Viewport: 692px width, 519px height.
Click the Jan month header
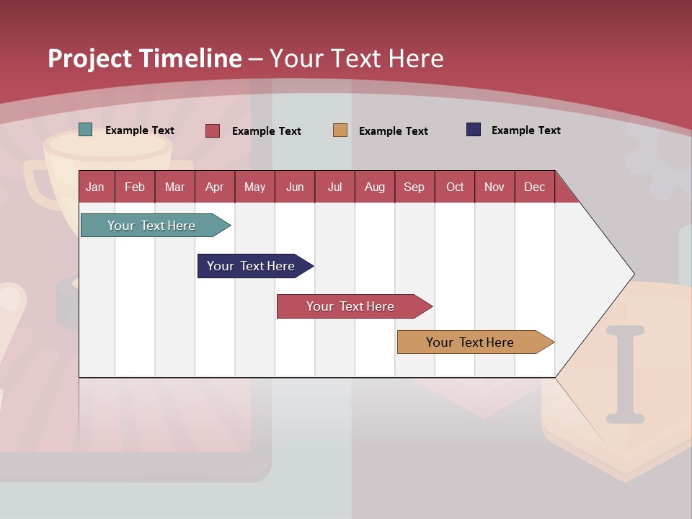pos(95,187)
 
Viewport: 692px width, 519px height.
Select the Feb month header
pos(135,187)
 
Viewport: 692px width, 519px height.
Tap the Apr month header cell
pos(214,187)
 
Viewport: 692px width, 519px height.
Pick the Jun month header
pos(294,187)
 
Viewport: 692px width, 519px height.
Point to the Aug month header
pos(374,187)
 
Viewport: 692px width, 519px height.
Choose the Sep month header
pos(414,187)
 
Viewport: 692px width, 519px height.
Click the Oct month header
pos(454,187)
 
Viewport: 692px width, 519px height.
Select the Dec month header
pos(534,187)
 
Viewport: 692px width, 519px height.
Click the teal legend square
pos(86,130)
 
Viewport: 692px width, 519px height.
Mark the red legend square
pos(213,130)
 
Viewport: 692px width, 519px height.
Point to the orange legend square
pos(340,130)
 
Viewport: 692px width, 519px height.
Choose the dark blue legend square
pos(474,130)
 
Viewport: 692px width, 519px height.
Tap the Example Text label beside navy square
pos(525,130)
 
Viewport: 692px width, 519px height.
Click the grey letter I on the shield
pos(624,374)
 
